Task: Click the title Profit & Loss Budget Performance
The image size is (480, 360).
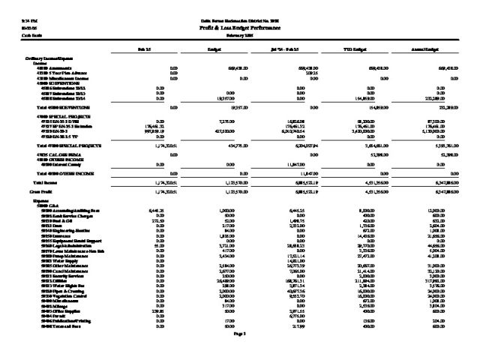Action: [x=240, y=26]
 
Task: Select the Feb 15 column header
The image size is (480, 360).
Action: [x=141, y=49]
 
